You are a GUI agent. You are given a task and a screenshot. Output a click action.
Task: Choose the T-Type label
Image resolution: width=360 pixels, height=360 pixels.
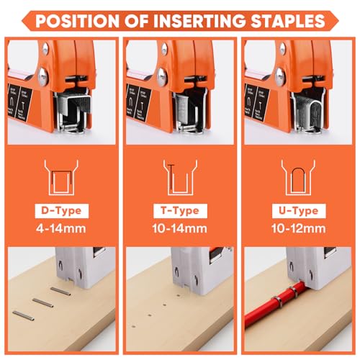[180, 211]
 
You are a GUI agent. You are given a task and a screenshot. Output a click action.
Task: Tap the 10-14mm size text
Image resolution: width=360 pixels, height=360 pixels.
[180, 230]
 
